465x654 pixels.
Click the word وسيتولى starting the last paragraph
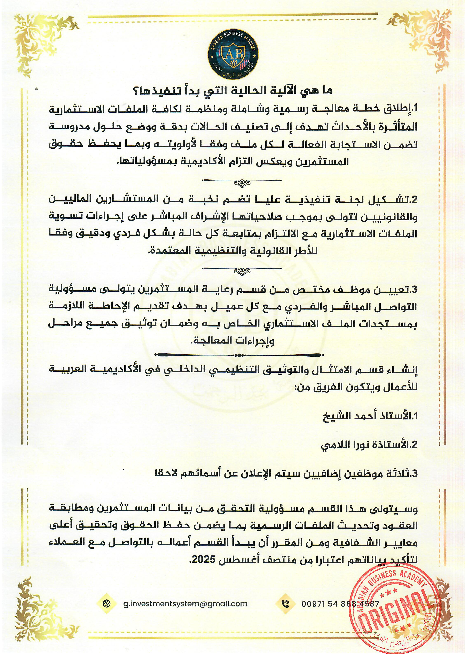pos(401,509)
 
